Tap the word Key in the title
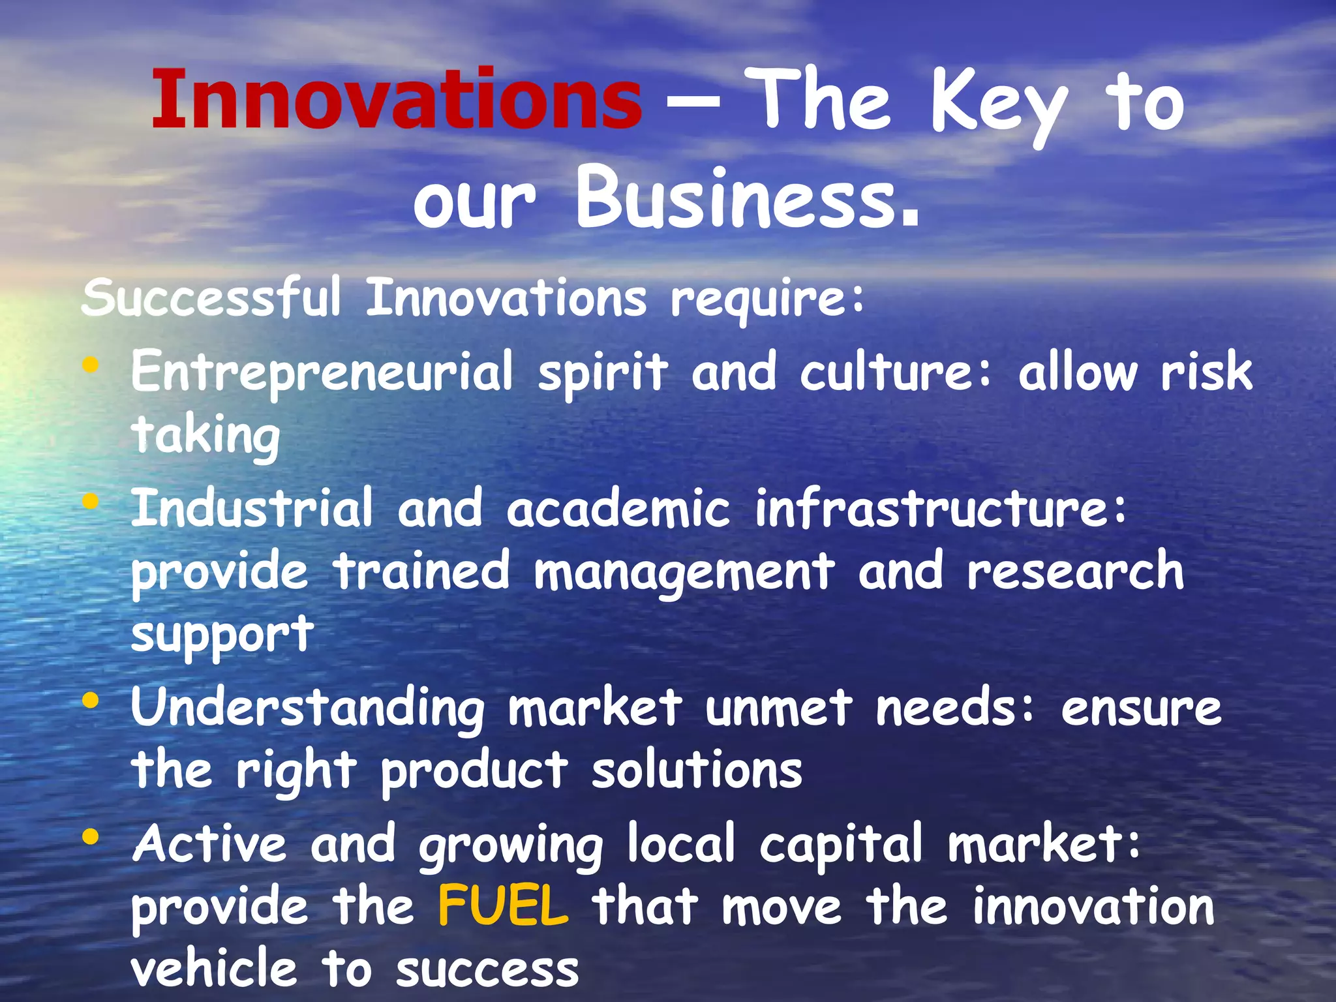coord(999,104)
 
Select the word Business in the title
coord(748,197)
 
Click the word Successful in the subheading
coord(211,298)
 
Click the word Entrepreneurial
coord(322,372)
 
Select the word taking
coord(205,436)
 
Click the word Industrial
coord(252,508)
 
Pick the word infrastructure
coord(940,508)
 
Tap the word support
coord(222,634)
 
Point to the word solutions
coord(697,770)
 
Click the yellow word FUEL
coord(503,906)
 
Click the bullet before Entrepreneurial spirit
coord(91,366)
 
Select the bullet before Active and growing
coord(91,836)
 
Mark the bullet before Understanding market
coord(91,701)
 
